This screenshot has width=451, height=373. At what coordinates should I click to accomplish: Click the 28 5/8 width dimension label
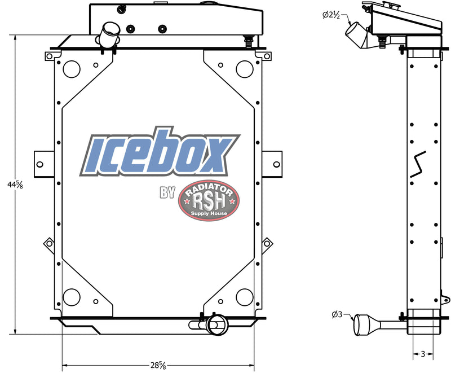click(x=158, y=365)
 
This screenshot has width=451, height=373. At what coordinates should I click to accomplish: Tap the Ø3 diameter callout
click(x=338, y=314)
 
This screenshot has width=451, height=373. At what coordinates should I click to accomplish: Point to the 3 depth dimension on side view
click(x=423, y=354)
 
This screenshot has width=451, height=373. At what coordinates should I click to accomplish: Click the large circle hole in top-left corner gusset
click(x=72, y=69)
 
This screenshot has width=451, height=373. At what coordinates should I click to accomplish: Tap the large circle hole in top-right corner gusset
click(x=244, y=69)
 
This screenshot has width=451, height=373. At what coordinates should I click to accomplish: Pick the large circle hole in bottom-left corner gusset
click(x=72, y=296)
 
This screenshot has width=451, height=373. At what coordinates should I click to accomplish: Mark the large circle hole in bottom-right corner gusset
click(x=244, y=296)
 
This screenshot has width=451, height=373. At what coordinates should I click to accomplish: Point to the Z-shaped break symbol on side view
click(x=419, y=164)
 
